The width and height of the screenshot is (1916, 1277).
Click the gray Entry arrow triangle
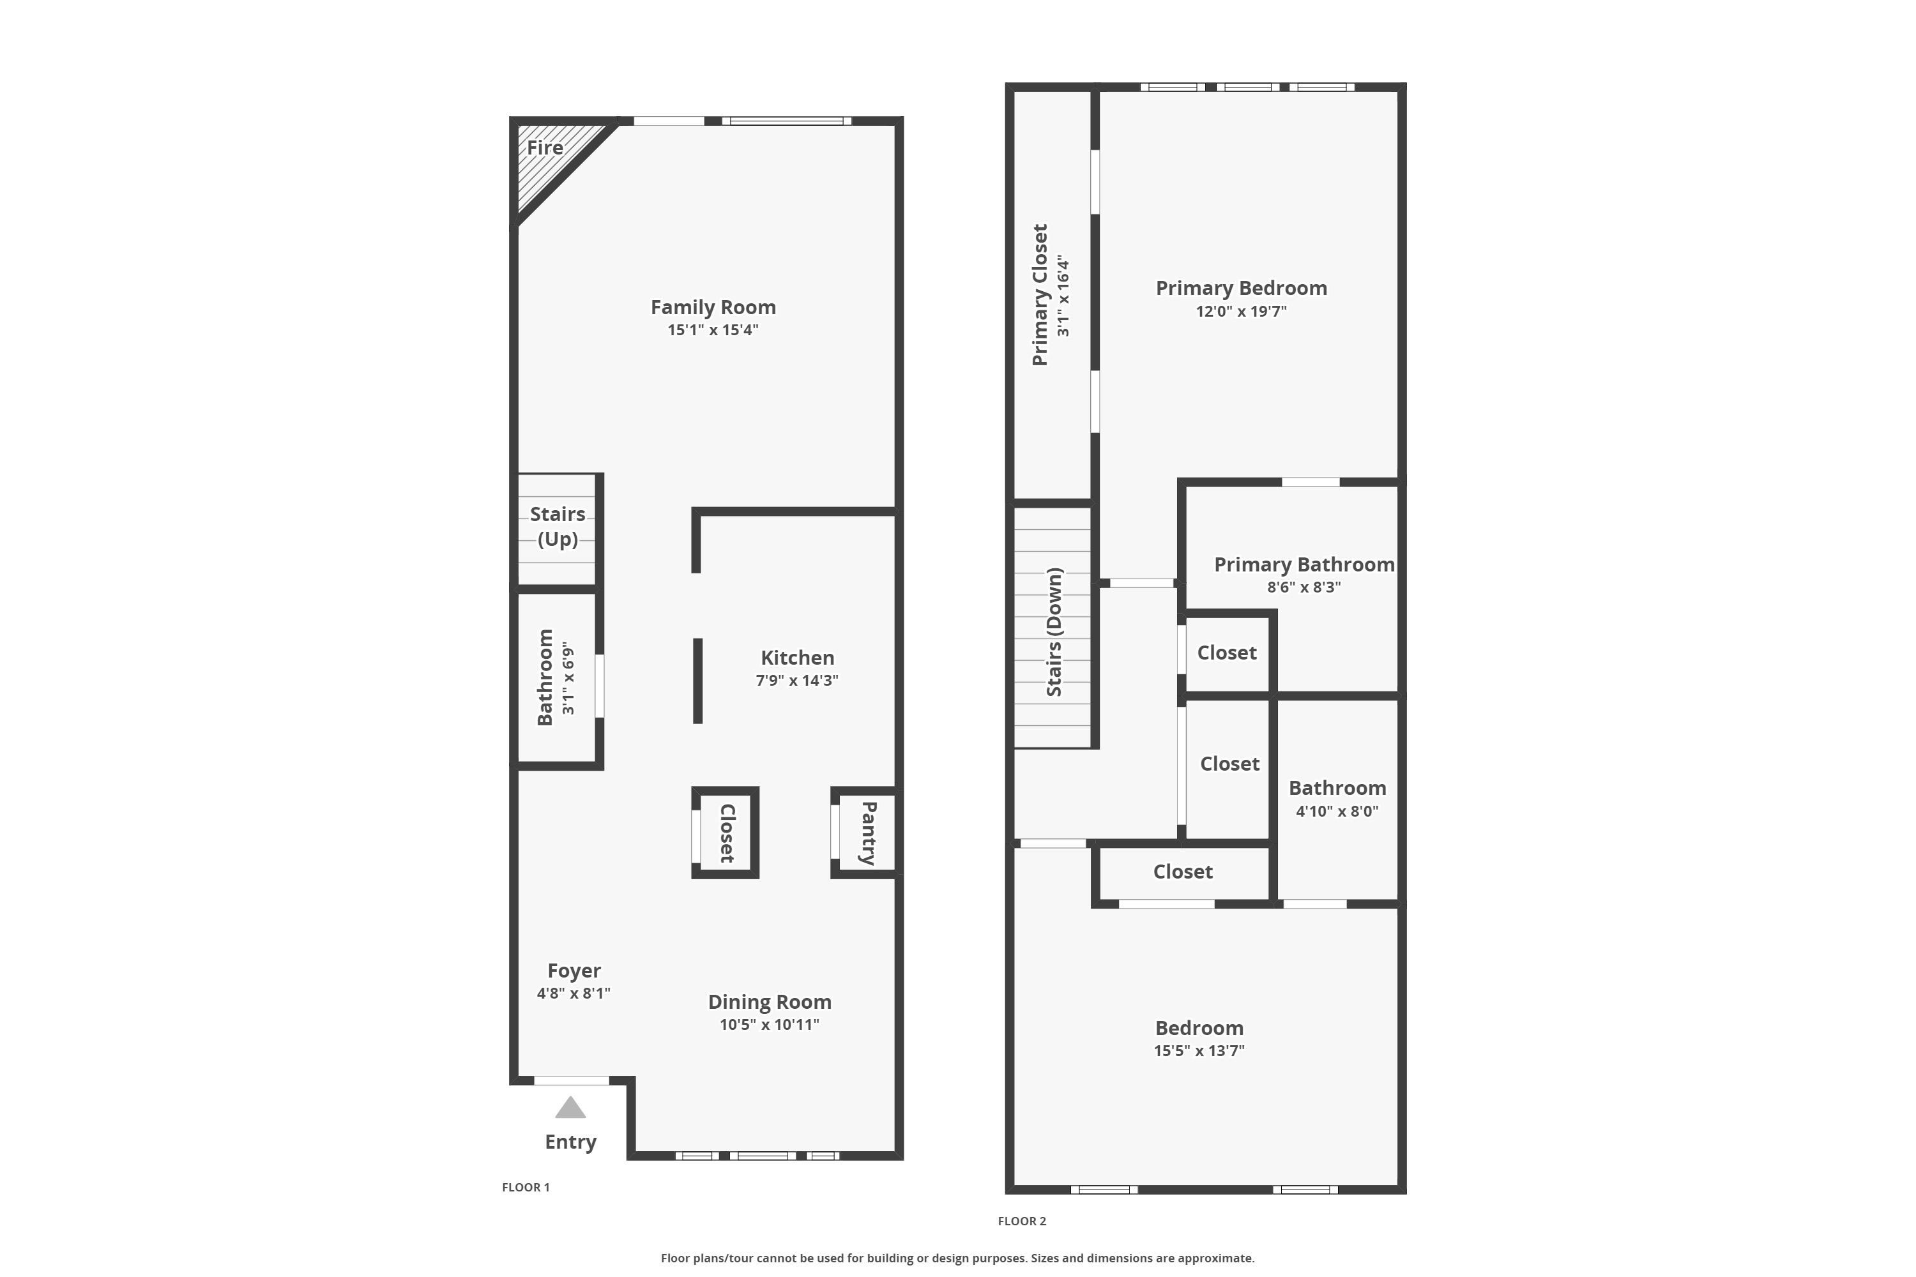click(570, 1108)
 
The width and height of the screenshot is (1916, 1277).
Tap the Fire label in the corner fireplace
click(544, 147)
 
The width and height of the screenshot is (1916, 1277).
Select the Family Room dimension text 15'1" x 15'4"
click(713, 330)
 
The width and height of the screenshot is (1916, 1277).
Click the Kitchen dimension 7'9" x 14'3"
click(796, 680)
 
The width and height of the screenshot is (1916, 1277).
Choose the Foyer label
click(574, 971)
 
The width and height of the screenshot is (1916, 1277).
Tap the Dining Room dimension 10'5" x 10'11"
click(769, 1025)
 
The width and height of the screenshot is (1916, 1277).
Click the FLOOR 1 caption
click(526, 1188)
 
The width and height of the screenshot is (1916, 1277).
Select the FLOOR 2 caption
click(1021, 1221)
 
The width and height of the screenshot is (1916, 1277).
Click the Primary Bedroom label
click(1241, 289)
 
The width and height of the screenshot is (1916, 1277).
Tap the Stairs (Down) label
click(1054, 632)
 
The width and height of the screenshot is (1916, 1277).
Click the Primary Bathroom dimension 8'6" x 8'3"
click(1304, 587)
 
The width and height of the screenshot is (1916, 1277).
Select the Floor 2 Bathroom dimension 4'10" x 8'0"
click(1337, 811)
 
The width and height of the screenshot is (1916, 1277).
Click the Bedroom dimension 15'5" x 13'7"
click(1198, 1050)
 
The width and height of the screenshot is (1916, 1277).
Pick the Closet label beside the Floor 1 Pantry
click(727, 833)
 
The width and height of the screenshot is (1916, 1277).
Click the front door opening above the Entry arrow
click(571, 1081)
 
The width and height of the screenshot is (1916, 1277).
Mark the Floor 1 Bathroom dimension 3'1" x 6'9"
click(568, 678)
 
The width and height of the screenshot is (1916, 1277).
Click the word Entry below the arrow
click(570, 1142)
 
